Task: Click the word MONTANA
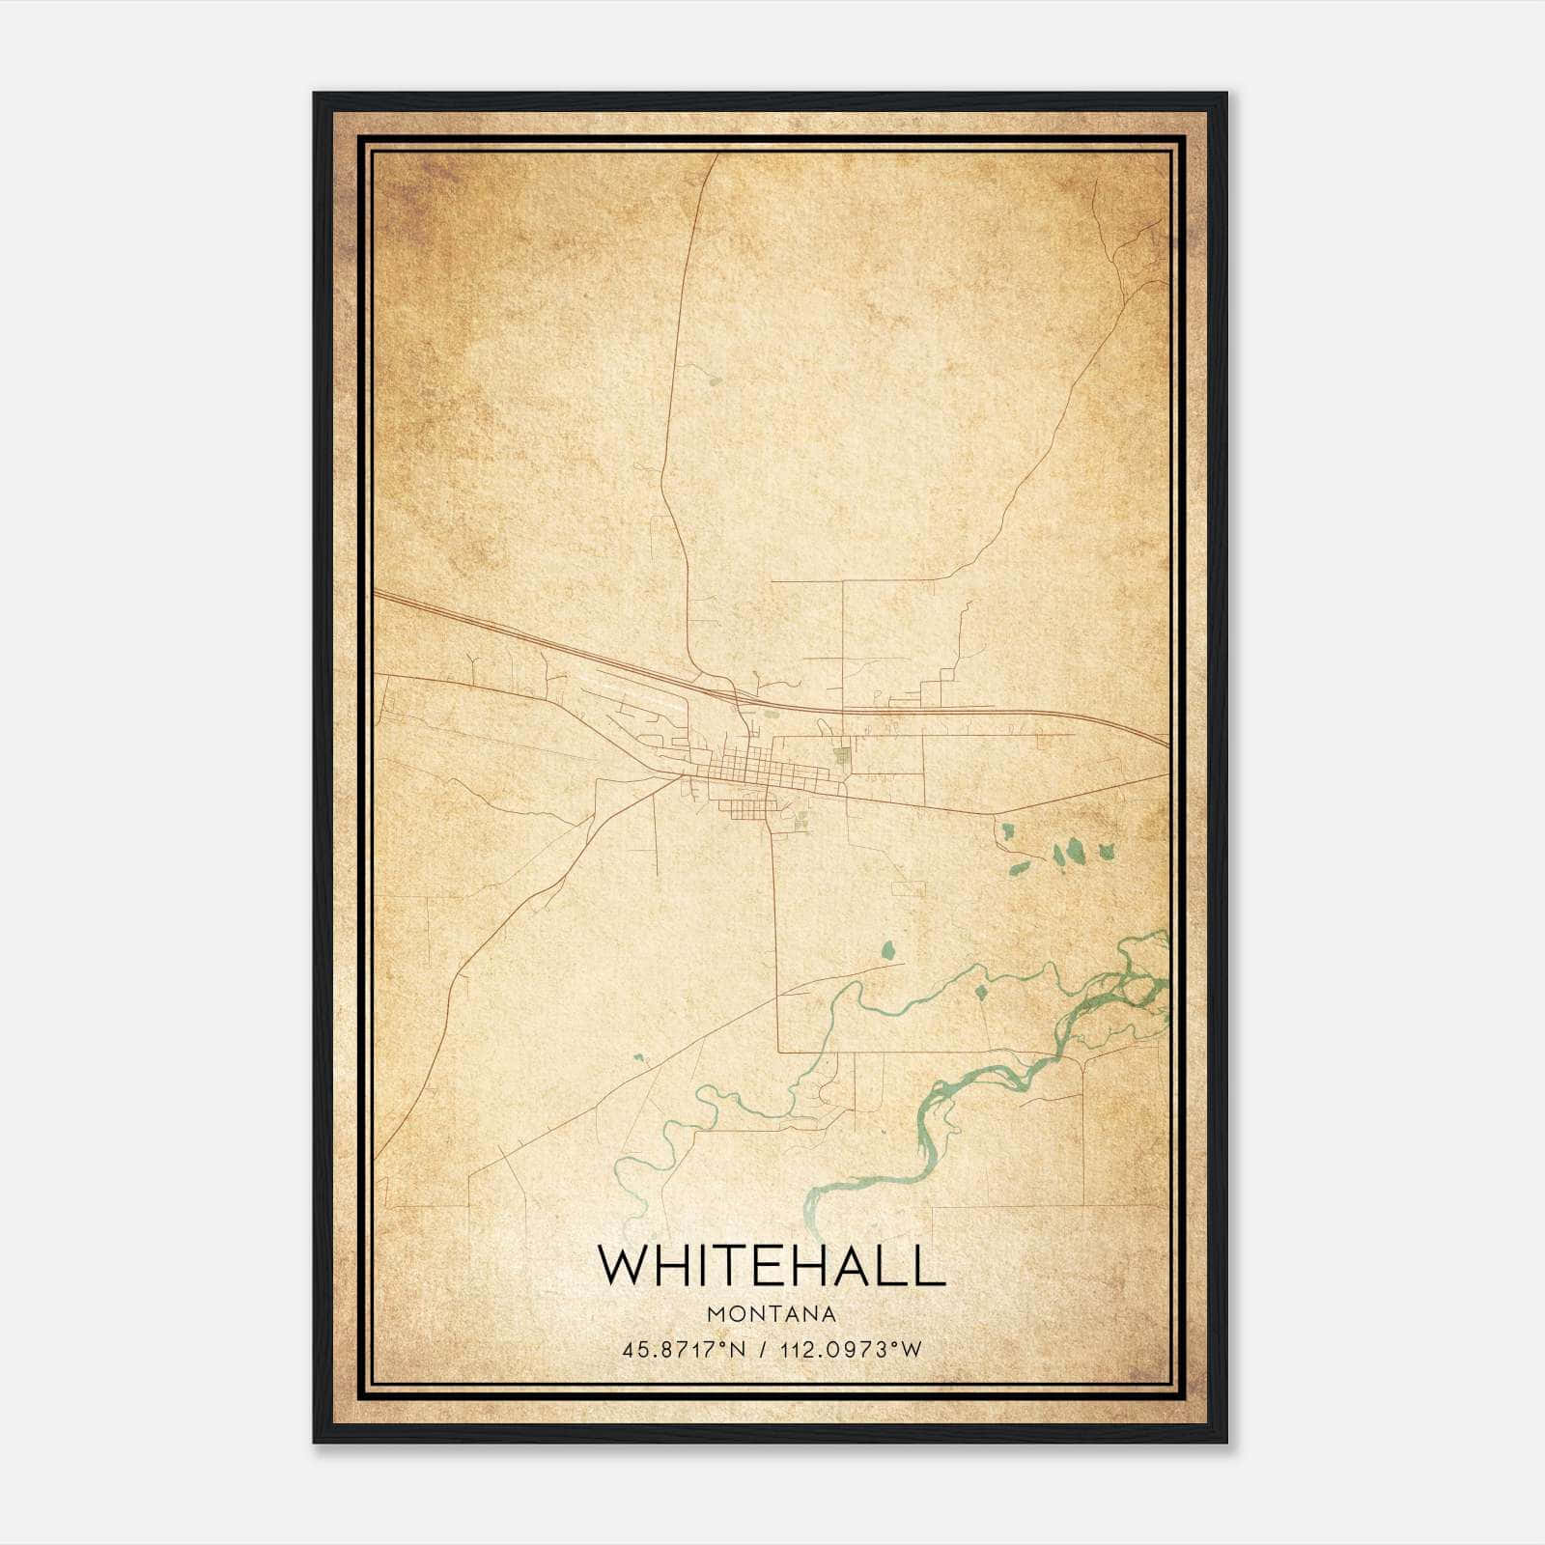772,1314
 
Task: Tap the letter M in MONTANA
715,1314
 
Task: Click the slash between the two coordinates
763,1349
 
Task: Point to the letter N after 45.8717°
739,1349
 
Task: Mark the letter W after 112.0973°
911,1349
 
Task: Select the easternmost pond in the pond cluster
1107,851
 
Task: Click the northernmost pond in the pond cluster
1007,829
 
